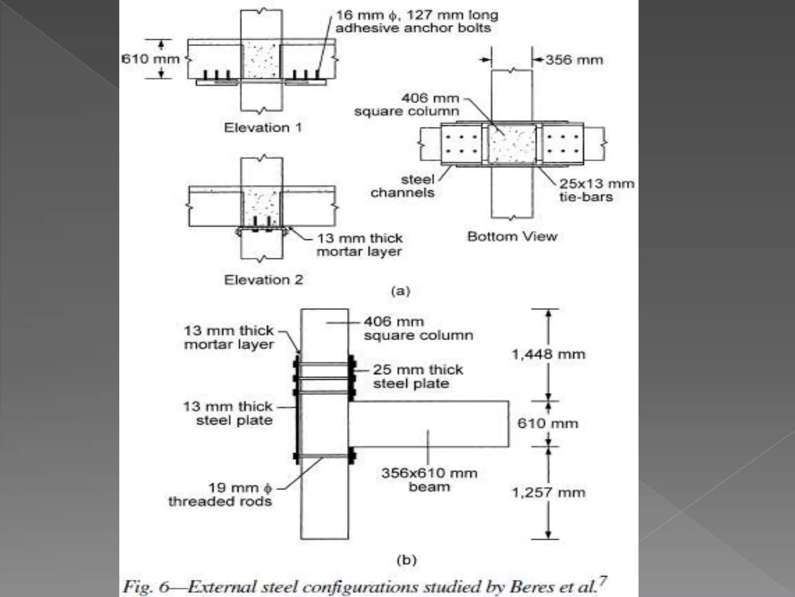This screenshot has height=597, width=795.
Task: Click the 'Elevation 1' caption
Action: [x=263, y=127]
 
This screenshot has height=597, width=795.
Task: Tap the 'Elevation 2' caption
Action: [x=263, y=279]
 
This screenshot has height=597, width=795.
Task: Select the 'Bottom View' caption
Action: [x=512, y=236]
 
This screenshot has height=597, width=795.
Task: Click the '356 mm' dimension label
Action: [x=574, y=60]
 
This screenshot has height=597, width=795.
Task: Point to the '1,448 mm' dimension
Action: [x=548, y=354]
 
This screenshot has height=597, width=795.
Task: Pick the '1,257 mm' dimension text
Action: [x=548, y=492]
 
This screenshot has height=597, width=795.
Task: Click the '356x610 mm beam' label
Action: [x=429, y=480]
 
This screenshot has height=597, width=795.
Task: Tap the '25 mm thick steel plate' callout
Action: [x=418, y=376]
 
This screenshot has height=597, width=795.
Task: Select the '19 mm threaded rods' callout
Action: [x=220, y=494]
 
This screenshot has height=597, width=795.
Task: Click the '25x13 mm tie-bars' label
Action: [x=596, y=190]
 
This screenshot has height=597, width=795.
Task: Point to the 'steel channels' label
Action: [x=402, y=186]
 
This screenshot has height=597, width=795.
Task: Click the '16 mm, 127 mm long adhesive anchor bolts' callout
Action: [x=417, y=21]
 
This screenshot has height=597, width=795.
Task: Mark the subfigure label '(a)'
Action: [x=401, y=291]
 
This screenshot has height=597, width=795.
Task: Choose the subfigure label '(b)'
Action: [x=406, y=560]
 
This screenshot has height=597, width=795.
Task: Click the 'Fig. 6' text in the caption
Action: [x=146, y=587]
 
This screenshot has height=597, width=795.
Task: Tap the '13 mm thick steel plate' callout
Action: [x=228, y=413]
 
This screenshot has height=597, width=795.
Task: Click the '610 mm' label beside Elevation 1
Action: [x=151, y=59]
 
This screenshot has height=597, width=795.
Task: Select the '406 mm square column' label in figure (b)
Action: [x=418, y=328]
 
